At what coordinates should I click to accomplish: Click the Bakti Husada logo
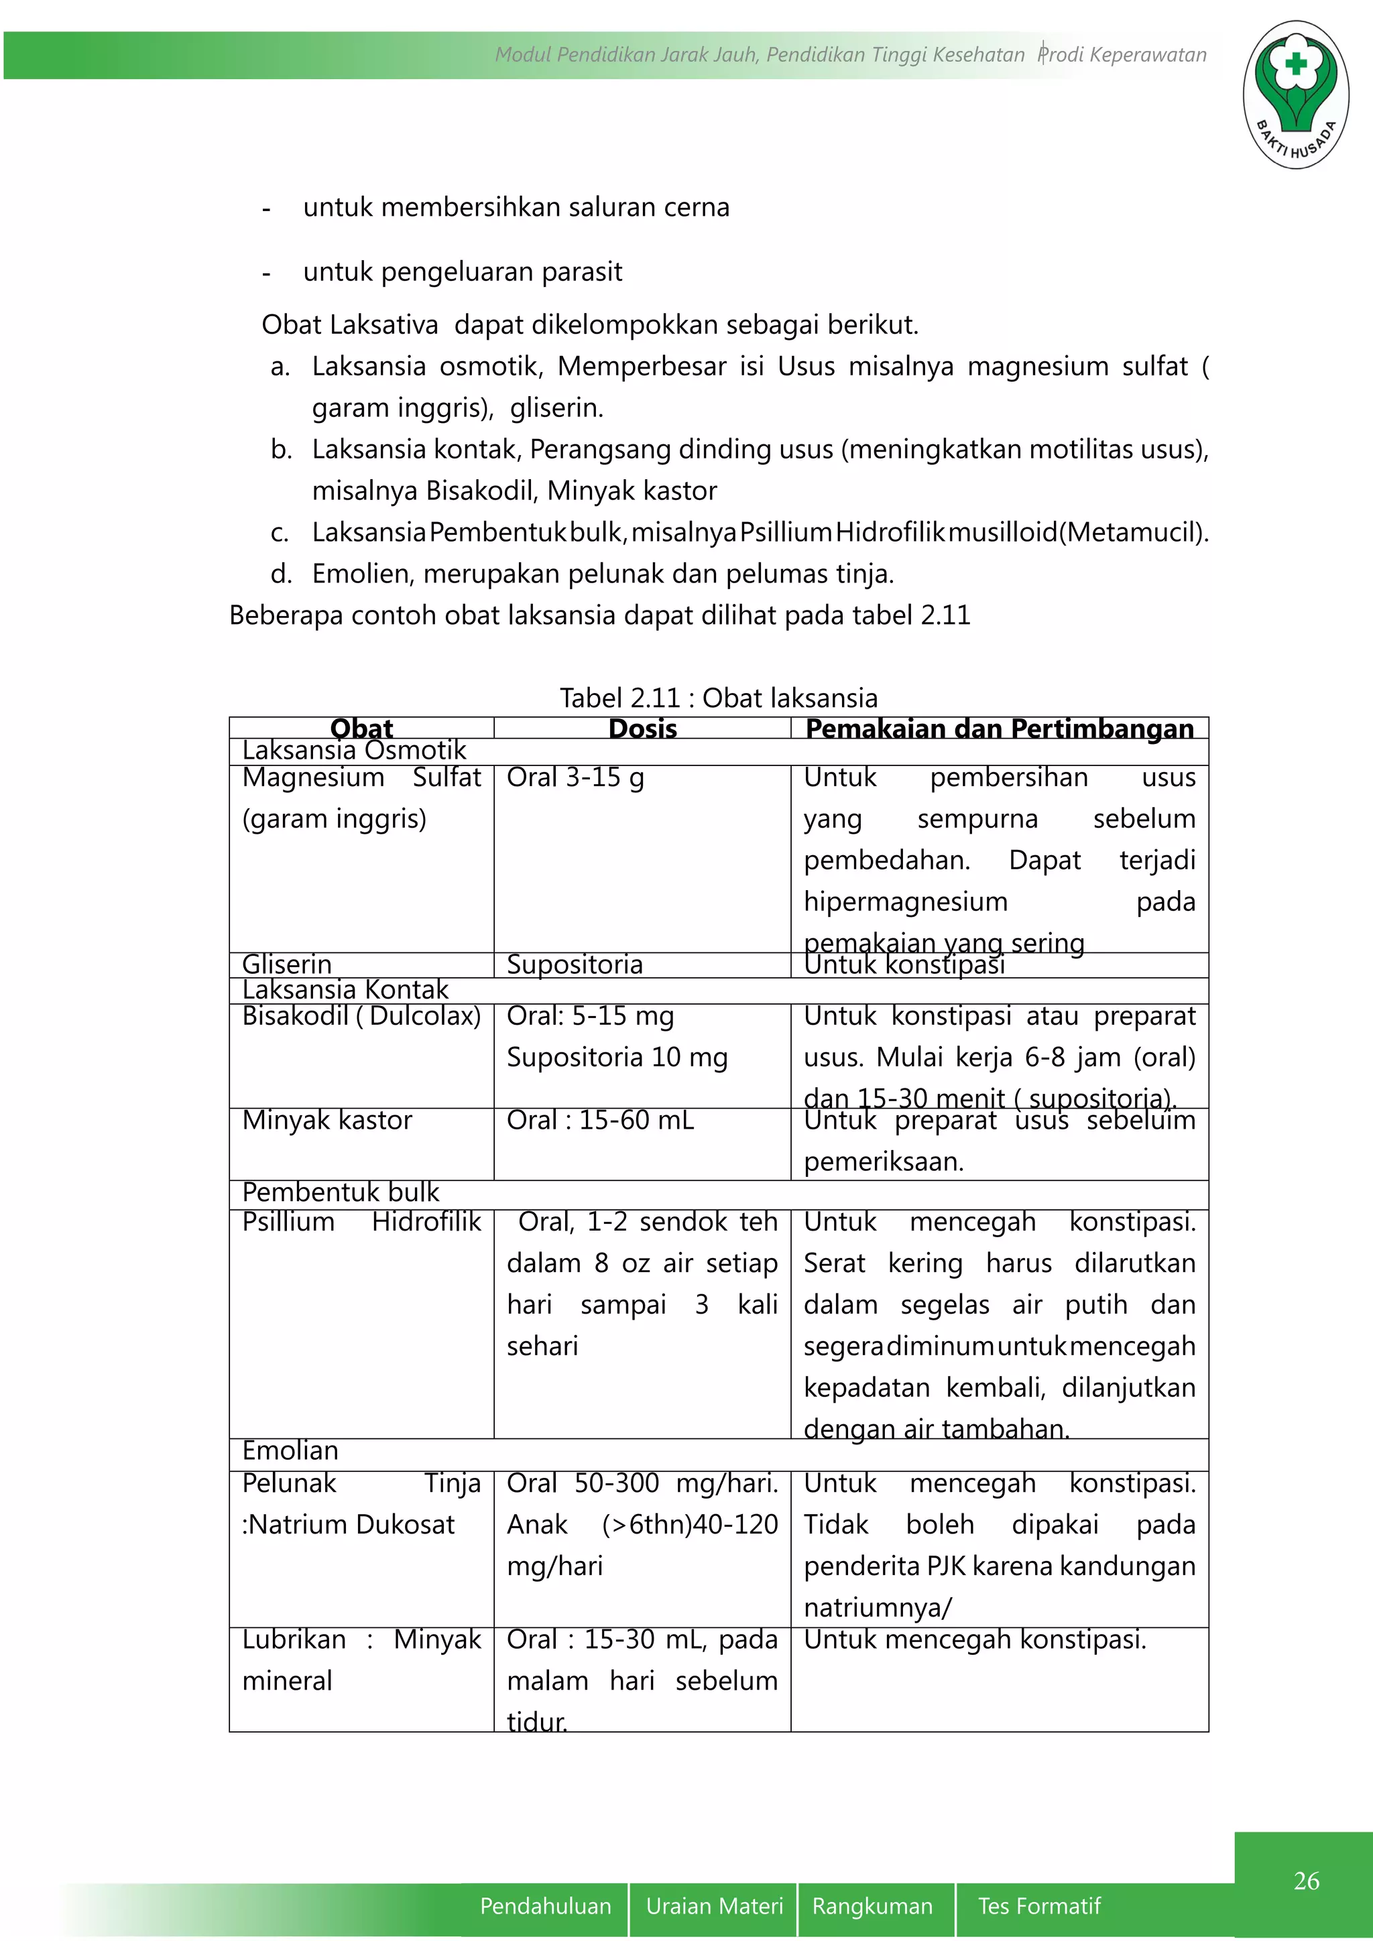tap(1295, 95)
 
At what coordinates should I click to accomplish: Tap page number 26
tap(1306, 1880)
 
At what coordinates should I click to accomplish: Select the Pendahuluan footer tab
tap(545, 1905)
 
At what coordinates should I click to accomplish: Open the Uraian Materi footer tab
tap(715, 1905)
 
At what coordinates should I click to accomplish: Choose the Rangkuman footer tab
tap(872, 1905)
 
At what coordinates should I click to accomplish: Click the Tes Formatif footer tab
tap(1039, 1905)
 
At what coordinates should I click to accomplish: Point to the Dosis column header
tap(642, 728)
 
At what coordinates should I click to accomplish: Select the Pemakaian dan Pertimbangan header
tap(1000, 728)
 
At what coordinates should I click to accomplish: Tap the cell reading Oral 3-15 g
tap(575, 777)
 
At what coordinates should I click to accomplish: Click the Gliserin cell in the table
tap(287, 964)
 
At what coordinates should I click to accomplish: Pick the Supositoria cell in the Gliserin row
tap(575, 964)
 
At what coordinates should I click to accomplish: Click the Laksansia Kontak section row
tap(345, 989)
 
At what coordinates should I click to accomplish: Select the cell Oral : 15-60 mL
tap(600, 1120)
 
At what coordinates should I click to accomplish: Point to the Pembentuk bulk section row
tap(341, 1192)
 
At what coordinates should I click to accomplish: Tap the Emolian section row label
tap(290, 1450)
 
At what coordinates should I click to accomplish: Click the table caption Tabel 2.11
tap(719, 698)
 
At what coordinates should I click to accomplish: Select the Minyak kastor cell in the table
tap(327, 1120)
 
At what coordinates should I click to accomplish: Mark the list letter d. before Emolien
tap(281, 574)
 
